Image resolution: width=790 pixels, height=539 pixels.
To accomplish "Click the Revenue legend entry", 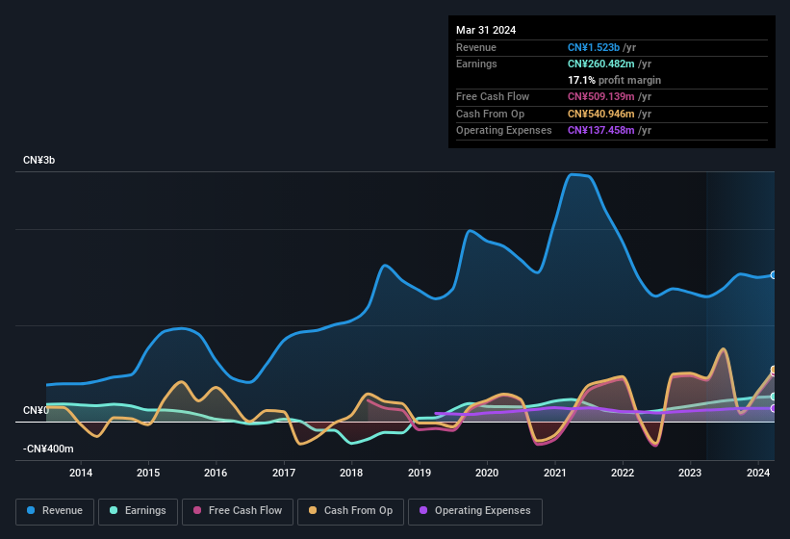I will [56, 510].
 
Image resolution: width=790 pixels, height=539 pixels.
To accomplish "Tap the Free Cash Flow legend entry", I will [238, 510].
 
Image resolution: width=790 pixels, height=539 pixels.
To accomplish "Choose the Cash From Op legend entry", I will [349, 510].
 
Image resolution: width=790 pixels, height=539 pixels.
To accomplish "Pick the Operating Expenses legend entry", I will [474, 510].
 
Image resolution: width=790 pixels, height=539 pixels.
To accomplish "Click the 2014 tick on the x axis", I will [81, 473].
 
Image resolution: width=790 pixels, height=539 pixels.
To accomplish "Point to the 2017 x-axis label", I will [284, 473].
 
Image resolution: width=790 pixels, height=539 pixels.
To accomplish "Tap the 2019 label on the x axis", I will [420, 473].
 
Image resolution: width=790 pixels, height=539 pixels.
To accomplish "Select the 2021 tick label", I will [554, 473].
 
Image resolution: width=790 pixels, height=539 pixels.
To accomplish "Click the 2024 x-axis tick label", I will [757, 473].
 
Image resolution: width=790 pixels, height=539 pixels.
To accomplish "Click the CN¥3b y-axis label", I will [39, 160].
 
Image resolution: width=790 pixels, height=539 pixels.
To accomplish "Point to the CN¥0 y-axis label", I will [36, 411].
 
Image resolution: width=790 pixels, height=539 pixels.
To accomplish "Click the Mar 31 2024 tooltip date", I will [486, 30].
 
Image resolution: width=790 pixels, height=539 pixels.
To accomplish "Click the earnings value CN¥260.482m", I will [610, 64].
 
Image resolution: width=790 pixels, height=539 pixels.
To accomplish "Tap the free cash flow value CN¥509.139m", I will [610, 96].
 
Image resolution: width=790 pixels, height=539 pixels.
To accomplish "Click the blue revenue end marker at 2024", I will [773, 275].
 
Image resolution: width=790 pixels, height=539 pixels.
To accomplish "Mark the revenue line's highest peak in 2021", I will [574, 174].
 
